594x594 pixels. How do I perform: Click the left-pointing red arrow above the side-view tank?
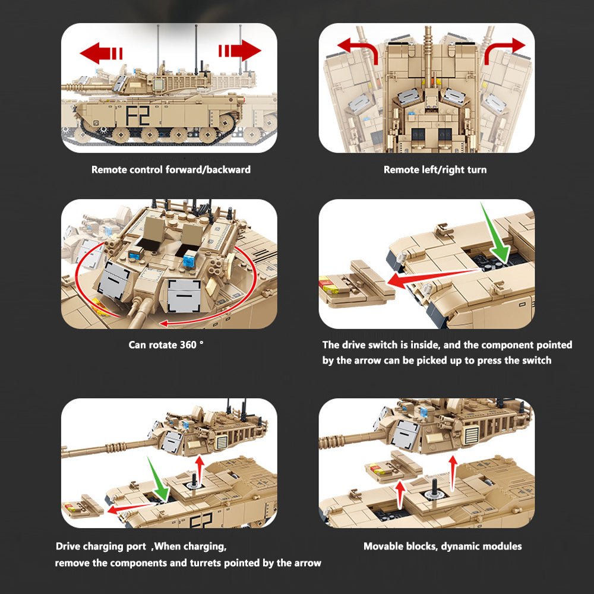pyautogui.click(x=100, y=52)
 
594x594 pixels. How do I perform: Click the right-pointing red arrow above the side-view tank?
pyautogui.click(x=240, y=51)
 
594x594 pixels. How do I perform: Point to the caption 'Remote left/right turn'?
pyautogui.click(x=435, y=170)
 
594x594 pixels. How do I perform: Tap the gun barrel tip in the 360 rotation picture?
pyautogui.click(x=132, y=324)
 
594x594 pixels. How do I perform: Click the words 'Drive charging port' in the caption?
pyautogui.click(x=100, y=546)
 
